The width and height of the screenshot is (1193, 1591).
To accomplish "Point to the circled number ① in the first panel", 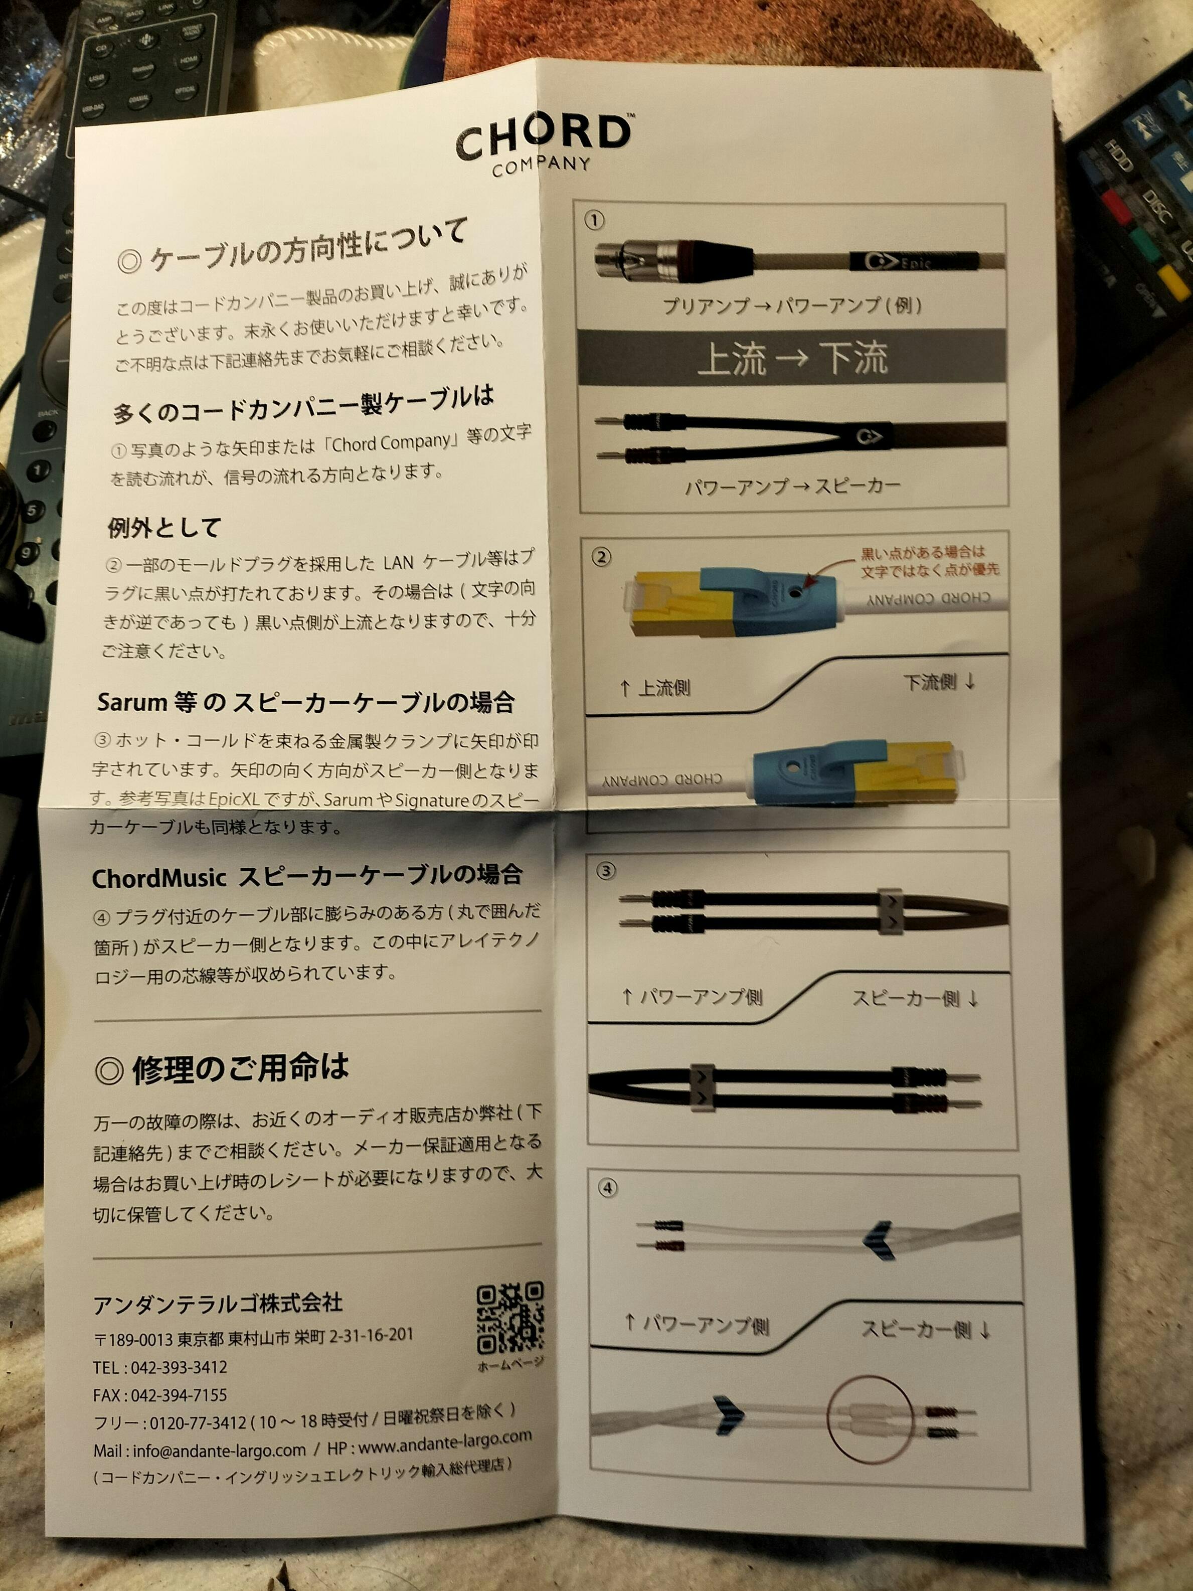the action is tap(594, 221).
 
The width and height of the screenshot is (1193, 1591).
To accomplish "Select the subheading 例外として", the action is tap(164, 528).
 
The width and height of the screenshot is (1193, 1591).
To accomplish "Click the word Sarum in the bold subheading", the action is tap(131, 703).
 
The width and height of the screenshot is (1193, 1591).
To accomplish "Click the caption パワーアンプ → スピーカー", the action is tap(792, 486).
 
